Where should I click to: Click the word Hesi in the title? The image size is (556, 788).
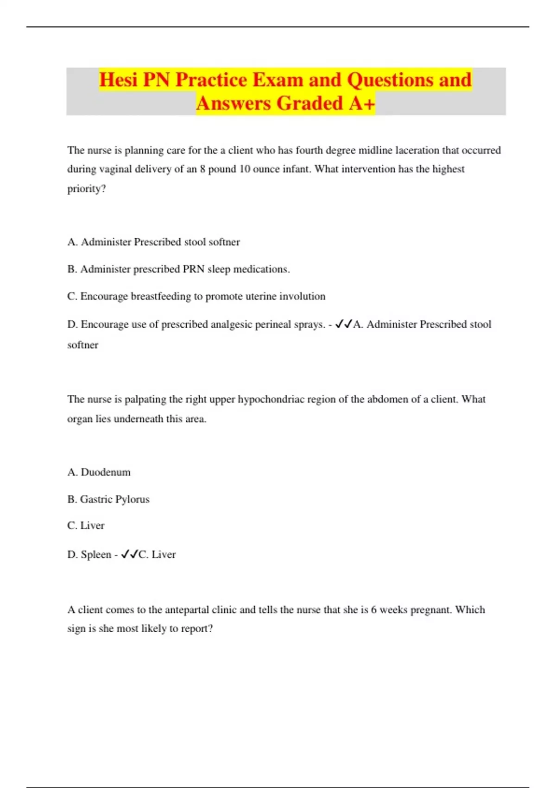coord(118,80)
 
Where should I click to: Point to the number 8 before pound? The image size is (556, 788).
coord(202,169)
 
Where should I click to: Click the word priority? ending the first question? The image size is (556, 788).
coord(87,189)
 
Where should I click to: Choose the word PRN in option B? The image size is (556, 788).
coord(193,269)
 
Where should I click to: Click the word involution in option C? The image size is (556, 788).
coord(303,296)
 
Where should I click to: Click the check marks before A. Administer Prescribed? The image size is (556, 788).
coord(343,324)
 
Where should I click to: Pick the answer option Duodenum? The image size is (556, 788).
coord(106,472)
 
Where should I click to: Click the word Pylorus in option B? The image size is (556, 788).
coord(132,499)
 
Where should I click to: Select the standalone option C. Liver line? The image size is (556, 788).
coord(86,526)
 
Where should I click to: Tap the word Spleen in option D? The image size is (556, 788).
coord(96,554)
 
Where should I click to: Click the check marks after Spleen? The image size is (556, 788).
coord(129,554)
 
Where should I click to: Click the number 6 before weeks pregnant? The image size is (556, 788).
coord(373,610)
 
